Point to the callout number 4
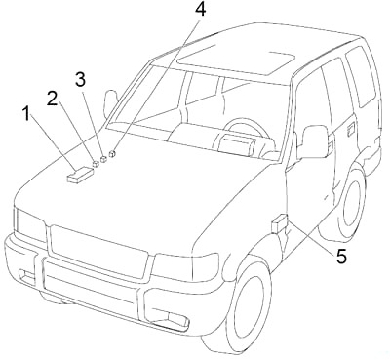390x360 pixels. click(x=200, y=11)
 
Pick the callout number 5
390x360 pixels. click(x=340, y=258)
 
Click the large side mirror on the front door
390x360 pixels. click(x=314, y=140)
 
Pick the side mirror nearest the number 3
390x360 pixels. click(x=109, y=100)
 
